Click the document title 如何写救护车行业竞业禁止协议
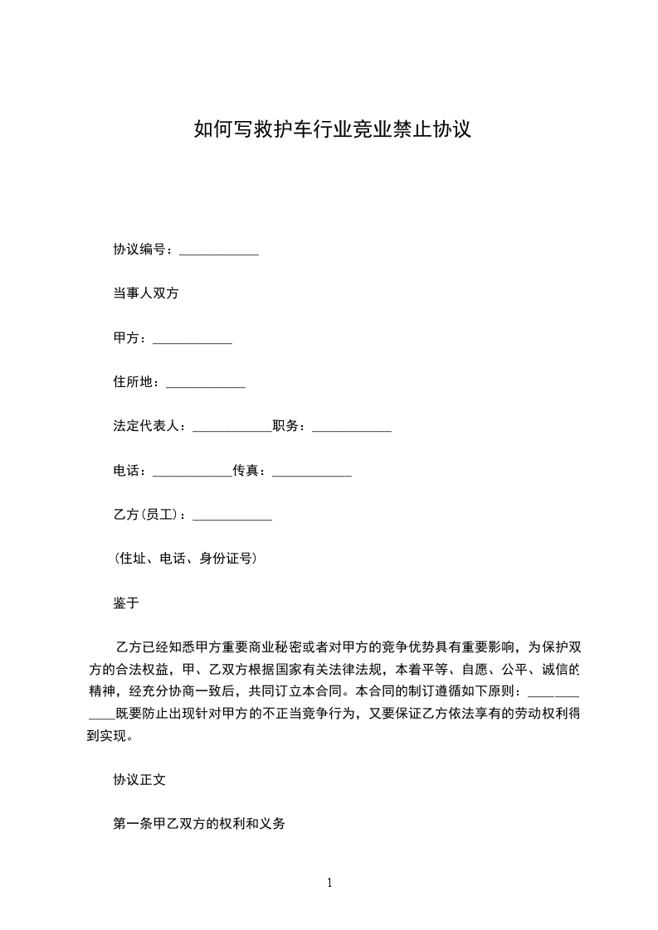(332, 130)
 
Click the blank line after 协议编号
(219, 250)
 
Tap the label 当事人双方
(146, 293)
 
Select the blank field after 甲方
(193, 339)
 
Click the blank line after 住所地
(206, 384)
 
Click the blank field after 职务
(351, 429)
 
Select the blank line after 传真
(312, 472)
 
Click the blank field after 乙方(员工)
(232, 516)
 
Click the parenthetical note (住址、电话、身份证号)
(185, 559)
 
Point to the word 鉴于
(126, 603)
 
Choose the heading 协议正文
(139, 780)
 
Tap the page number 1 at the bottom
(329, 884)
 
